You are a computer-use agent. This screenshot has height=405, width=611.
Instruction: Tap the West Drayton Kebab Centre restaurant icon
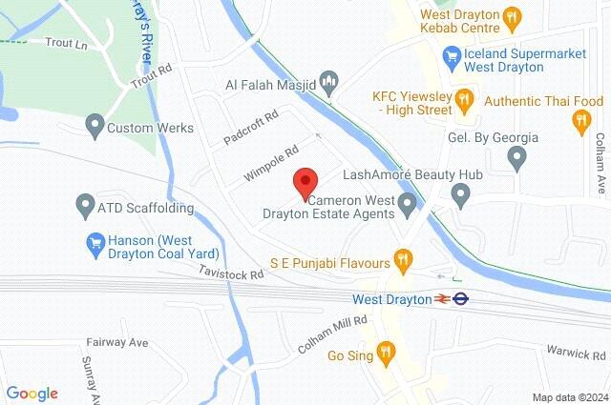[x=514, y=15]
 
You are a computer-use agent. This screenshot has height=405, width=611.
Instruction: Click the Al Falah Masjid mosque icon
[x=329, y=81]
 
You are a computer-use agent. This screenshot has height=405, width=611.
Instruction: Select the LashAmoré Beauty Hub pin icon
[x=462, y=196]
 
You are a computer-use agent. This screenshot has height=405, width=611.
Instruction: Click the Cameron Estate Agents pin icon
[x=409, y=204]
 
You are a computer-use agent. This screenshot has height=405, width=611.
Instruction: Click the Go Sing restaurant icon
[x=386, y=353]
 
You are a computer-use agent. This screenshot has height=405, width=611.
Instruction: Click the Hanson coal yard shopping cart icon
[x=94, y=244]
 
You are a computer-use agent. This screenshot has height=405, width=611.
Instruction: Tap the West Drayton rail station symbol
[x=442, y=299]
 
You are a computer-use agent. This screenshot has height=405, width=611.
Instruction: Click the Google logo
[x=32, y=393]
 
